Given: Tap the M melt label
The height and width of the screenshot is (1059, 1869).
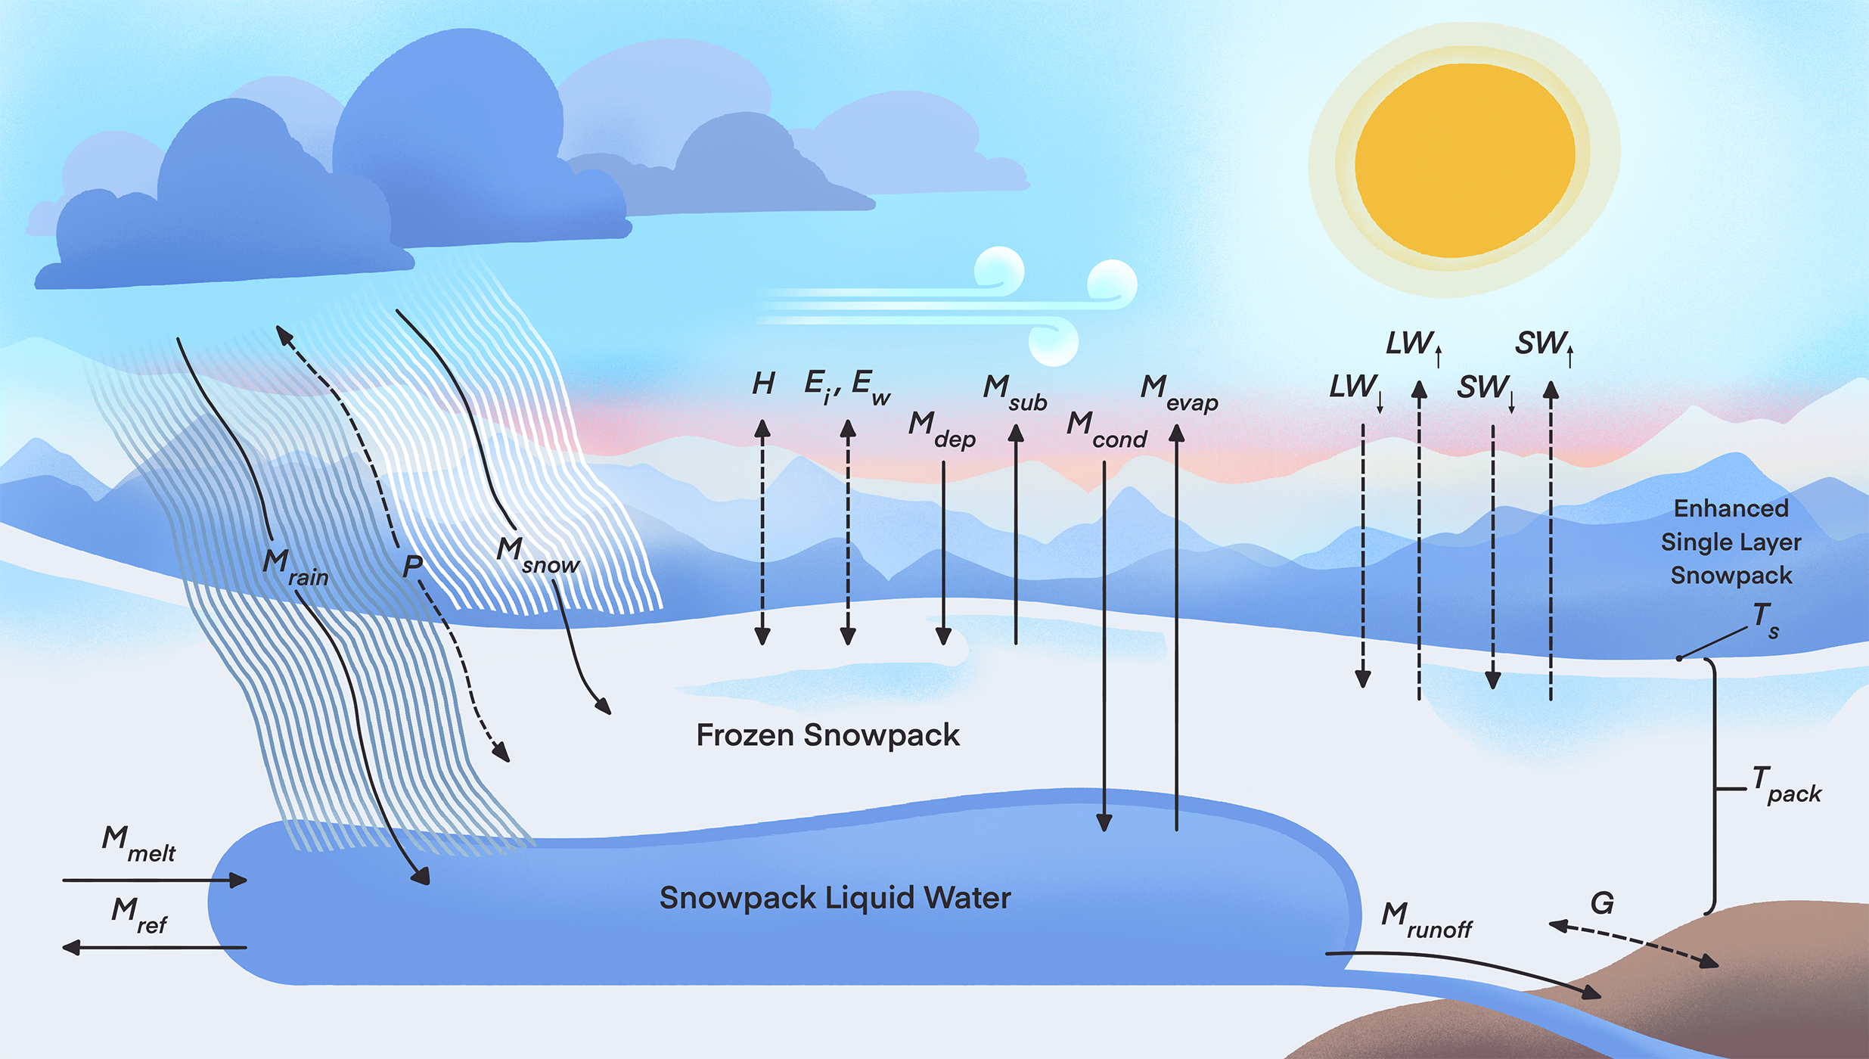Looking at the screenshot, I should pos(138,844).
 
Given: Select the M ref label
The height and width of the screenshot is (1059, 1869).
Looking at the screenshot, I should pos(138,915).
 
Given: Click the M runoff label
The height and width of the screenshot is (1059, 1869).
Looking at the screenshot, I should pos(1426,920).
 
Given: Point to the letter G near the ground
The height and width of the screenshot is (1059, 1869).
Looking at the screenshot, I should pos(1602,903).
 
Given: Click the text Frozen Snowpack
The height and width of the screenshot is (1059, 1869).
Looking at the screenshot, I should pos(827,735).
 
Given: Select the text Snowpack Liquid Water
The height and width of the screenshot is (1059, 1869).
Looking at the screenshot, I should pos(835,898).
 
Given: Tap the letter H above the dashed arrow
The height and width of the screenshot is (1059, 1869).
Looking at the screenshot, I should pos(763,384).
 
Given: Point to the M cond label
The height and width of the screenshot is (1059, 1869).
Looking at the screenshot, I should pos(1106,430).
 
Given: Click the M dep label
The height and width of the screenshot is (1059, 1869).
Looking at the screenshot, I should pos(942,430).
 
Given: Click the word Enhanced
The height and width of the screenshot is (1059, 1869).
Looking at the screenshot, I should pos(1731,508).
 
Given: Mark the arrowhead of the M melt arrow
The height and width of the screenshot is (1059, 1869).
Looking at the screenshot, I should pos(239,880).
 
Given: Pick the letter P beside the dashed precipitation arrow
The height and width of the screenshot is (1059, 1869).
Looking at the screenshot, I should pos(412,566).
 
